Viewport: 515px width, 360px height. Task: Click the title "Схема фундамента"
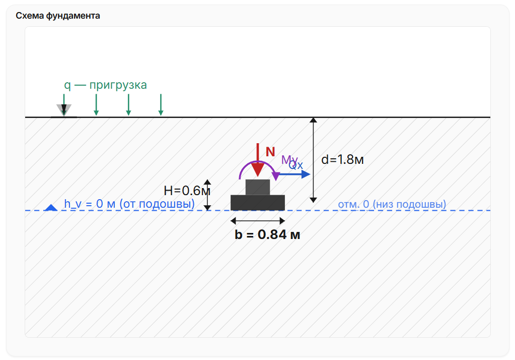58,16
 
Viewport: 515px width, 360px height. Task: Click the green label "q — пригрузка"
105,85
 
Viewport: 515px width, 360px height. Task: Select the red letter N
270,152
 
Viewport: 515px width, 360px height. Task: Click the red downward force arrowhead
258,169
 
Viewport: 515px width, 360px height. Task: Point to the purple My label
289,160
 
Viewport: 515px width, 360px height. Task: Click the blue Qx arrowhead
306,174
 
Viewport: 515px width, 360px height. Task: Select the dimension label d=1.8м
342,160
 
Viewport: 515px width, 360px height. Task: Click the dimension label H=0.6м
187,191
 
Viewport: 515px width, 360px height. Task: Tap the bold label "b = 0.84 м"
267,234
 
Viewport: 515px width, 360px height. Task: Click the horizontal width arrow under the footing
258,220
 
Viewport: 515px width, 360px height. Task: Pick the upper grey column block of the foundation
258,187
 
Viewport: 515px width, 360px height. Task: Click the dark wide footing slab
258,203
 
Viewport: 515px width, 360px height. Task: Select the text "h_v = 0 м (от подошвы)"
129,204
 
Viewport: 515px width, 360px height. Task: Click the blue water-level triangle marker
51,207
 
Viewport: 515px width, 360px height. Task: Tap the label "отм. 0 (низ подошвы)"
392,204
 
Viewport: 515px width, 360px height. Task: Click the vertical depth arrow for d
313,160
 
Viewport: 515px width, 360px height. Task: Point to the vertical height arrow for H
207,195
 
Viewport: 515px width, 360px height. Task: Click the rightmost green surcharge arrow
161,105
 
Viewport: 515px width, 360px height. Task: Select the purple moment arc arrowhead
276,176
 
